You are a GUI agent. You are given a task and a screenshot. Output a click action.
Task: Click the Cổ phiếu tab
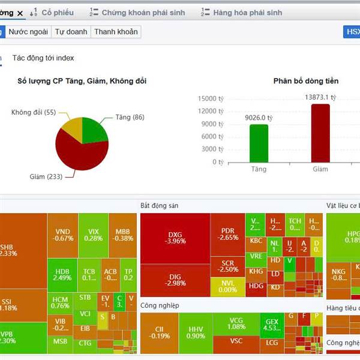click(58, 12)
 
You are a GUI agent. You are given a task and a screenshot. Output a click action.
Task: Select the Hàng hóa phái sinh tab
click(247, 12)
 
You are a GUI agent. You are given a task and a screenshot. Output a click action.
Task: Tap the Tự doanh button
click(71, 32)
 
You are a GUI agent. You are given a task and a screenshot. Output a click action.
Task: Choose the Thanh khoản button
click(116, 32)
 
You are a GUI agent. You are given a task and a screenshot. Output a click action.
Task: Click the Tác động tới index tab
click(43, 58)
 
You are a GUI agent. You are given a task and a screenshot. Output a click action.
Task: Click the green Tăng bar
click(259, 143)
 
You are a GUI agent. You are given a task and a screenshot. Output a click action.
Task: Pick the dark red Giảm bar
click(320, 133)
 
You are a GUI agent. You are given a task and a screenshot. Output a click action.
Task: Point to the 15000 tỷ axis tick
click(211, 98)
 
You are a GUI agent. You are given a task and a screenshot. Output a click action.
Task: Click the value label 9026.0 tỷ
click(259, 118)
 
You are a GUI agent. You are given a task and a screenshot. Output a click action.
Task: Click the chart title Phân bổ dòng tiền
click(305, 81)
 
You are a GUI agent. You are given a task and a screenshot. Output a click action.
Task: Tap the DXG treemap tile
click(175, 238)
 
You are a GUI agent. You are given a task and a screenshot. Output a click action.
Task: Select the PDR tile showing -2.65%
click(228, 233)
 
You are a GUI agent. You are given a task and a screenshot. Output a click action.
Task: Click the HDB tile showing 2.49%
click(62, 274)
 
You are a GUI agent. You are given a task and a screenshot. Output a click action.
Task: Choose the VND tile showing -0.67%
click(64, 234)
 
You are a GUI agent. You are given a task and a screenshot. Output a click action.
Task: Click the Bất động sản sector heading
click(159, 205)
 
